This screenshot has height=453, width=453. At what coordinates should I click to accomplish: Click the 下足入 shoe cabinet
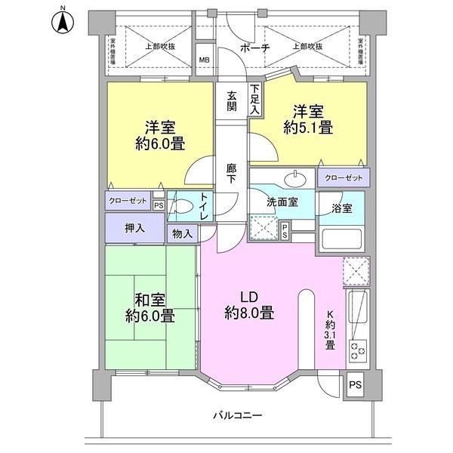255,100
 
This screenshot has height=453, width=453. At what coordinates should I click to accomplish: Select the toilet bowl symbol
181,206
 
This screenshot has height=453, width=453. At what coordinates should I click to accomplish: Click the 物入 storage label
183,234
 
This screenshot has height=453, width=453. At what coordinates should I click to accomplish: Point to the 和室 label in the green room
150,299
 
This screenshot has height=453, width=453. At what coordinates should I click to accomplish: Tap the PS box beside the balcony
354,385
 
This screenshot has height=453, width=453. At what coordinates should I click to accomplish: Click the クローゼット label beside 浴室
343,178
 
